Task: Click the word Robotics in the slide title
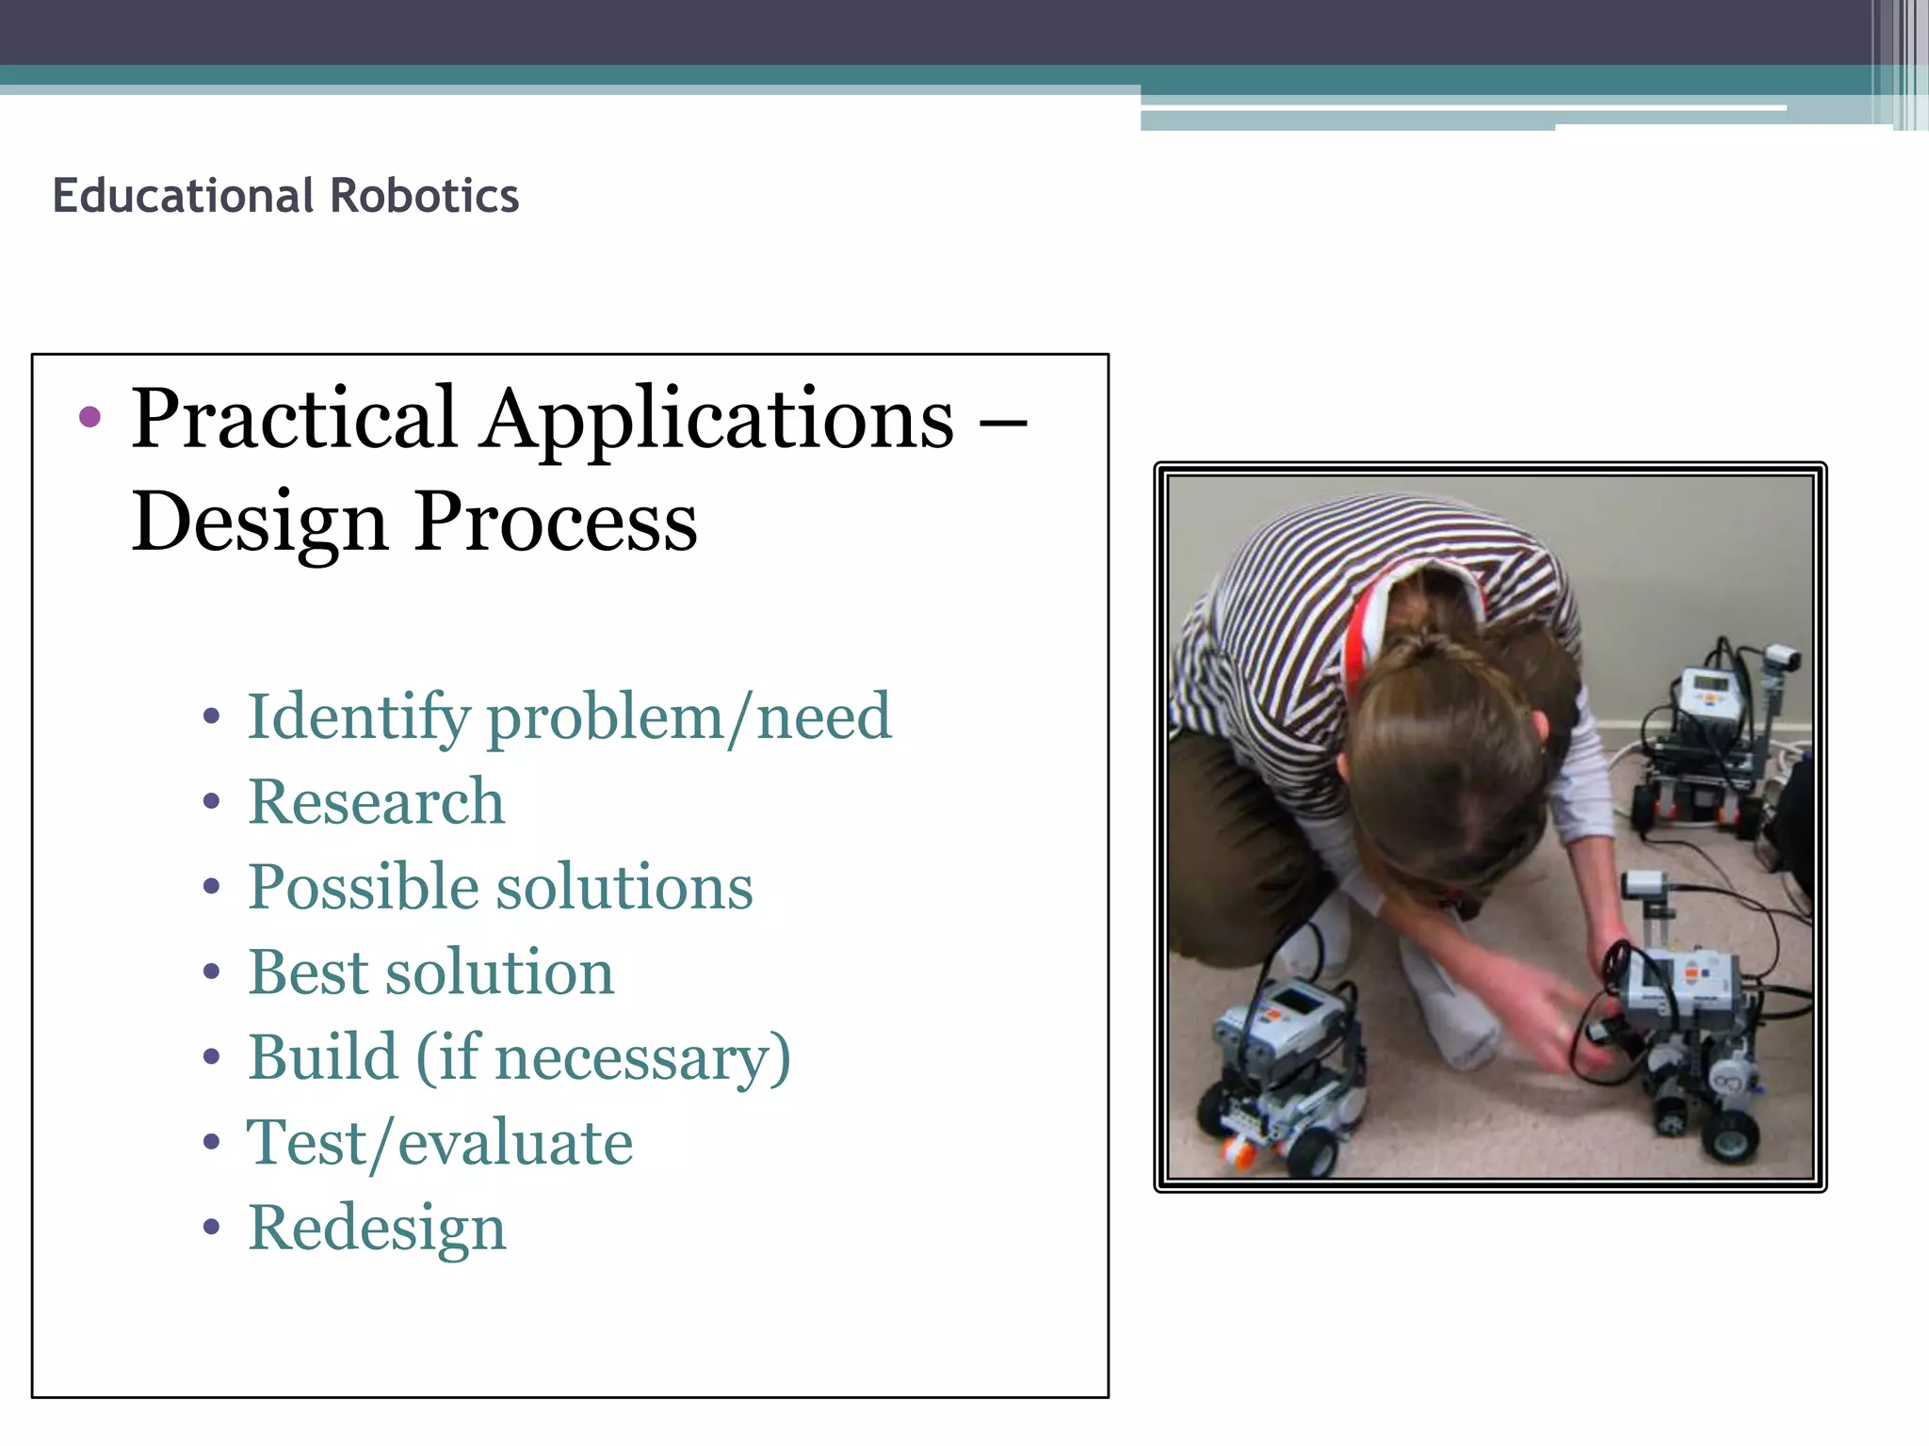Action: point(424,196)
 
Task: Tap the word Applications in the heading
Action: point(718,419)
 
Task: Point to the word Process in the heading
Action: point(556,522)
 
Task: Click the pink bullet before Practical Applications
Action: point(89,417)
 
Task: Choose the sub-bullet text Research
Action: point(376,802)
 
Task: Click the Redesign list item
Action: point(377,1229)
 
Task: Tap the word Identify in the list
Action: point(358,717)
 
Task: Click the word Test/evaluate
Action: point(440,1143)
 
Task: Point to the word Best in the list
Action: point(306,972)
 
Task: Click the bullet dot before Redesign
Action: point(211,1227)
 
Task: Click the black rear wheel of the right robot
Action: point(1731,1139)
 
